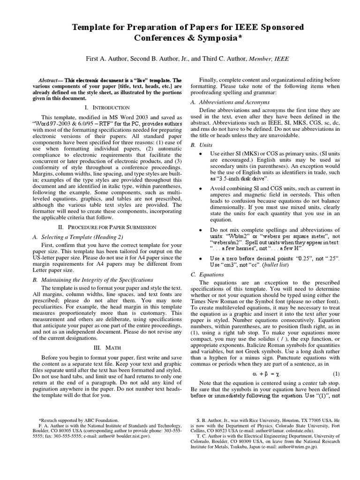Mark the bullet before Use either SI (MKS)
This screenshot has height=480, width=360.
pyautogui.click(x=201, y=154)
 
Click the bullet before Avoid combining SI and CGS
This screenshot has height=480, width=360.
pyautogui.click(x=201, y=188)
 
